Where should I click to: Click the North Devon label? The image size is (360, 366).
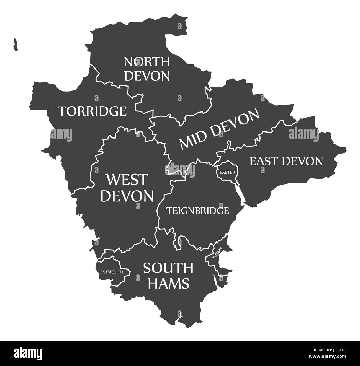147,69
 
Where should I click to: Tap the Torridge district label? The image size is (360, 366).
92,111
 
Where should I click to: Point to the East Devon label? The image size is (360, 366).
286,161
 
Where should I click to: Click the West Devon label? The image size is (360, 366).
127,188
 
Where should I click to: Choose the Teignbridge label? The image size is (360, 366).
197,211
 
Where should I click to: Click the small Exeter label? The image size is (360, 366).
227,172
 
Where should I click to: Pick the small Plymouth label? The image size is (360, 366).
112,272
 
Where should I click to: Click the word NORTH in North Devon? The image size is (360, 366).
147,62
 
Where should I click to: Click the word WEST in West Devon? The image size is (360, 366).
127,180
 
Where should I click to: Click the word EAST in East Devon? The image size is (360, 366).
264,161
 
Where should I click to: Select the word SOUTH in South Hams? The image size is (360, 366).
168,268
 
